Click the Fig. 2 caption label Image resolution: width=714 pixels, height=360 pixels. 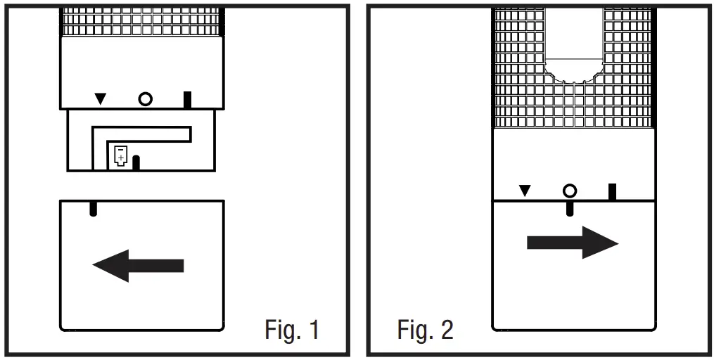coord(425,329)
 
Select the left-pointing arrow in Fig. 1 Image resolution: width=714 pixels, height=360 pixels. coord(139,266)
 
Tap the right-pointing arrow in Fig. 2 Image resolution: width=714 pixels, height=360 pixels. coord(572,243)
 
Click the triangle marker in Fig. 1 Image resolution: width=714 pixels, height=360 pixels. coord(101,99)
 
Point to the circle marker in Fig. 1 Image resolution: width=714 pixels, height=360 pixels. coord(145,99)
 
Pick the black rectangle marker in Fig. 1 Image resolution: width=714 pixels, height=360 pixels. coord(187,99)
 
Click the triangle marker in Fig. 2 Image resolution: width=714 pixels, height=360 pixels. coord(525,191)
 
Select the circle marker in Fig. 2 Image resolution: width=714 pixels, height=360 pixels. coord(569,191)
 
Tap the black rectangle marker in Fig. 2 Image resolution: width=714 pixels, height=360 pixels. coord(612,191)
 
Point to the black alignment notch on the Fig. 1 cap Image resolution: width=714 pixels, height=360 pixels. coord(92,209)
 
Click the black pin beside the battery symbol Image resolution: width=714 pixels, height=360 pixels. coord(136,162)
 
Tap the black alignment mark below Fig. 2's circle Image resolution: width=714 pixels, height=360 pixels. coord(569,207)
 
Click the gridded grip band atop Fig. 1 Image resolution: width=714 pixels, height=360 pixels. coord(141,22)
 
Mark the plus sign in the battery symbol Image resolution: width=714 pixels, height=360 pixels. coord(121,160)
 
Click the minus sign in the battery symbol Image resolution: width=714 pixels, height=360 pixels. coord(121,150)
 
